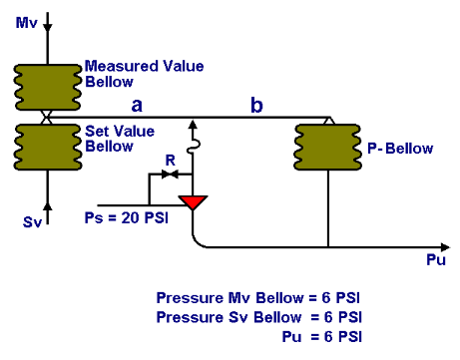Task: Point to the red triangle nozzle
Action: click(x=191, y=202)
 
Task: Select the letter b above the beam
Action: click(x=257, y=104)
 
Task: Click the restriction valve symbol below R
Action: click(x=170, y=174)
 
